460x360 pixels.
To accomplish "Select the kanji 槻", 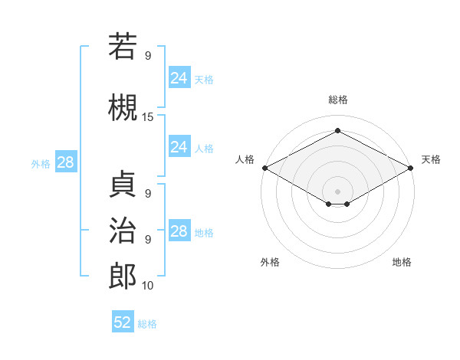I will pos(123,107).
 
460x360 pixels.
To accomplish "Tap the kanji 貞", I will pos(123,184).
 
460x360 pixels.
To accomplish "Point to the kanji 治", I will pos(123,230).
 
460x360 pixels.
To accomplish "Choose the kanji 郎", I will pos(123,276).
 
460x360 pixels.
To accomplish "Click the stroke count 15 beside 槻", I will pos(148,117).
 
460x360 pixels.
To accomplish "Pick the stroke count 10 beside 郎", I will pos(148,286).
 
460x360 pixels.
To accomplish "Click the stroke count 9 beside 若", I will pos(148,56).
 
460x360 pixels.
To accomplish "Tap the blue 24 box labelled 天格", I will pos(179,78).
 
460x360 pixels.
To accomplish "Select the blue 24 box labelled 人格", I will pos(179,147).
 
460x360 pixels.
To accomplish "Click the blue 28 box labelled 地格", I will pos(179,231).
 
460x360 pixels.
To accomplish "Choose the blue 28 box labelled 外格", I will pos(65,162).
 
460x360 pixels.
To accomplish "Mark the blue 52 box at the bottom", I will pos(123,322).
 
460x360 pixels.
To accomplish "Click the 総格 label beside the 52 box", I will pos(147,324).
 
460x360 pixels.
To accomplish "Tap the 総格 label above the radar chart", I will pos(337,100).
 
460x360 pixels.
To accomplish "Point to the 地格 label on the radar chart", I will pos(402,262).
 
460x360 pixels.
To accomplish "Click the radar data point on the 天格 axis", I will pos(411,168).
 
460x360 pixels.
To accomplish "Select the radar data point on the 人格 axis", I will pos(264,168).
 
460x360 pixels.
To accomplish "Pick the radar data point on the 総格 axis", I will pos(337,130).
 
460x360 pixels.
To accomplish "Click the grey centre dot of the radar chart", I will pos(337,190).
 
